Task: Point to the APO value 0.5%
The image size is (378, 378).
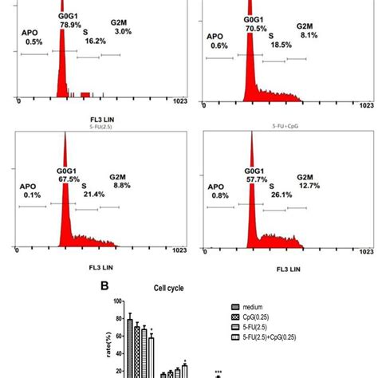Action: [33, 41]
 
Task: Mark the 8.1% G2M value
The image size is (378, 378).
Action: [309, 35]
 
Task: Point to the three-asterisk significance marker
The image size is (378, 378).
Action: [218, 372]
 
